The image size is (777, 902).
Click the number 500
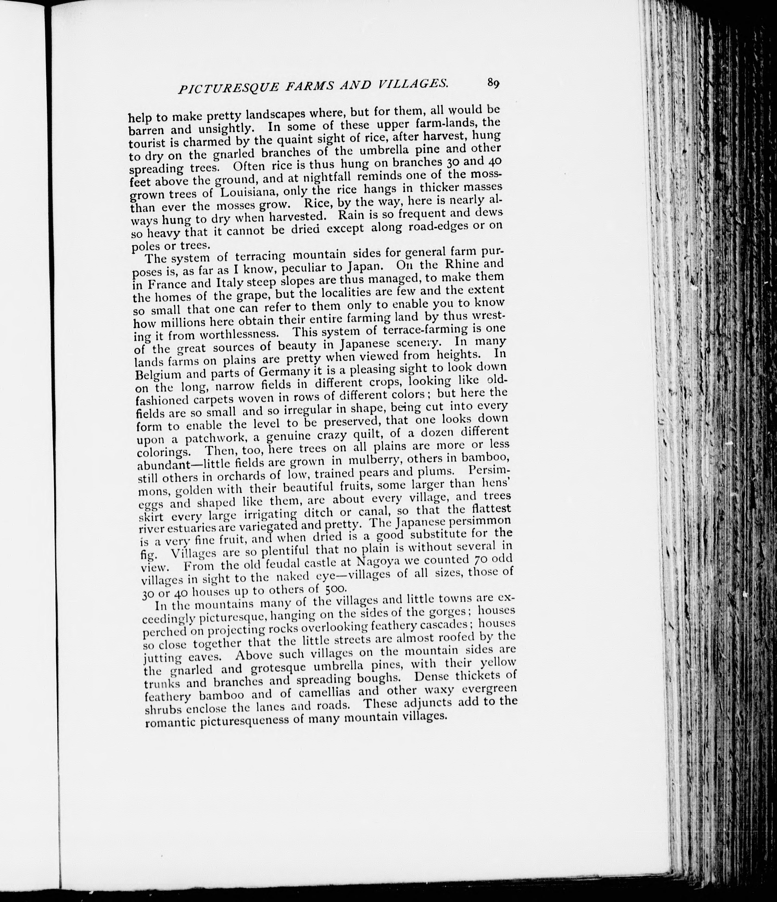[335, 589]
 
